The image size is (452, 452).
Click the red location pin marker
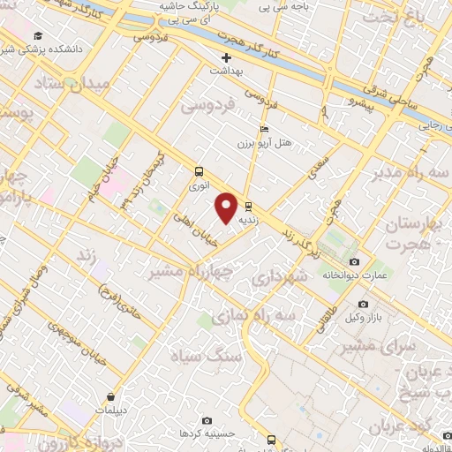pos(227,207)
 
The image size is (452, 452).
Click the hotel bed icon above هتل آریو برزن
pos(264,129)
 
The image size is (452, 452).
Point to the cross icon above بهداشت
pos(227,57)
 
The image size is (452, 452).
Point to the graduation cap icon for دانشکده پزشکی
pos(38,35)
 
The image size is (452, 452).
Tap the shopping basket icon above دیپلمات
pos(110,397)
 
